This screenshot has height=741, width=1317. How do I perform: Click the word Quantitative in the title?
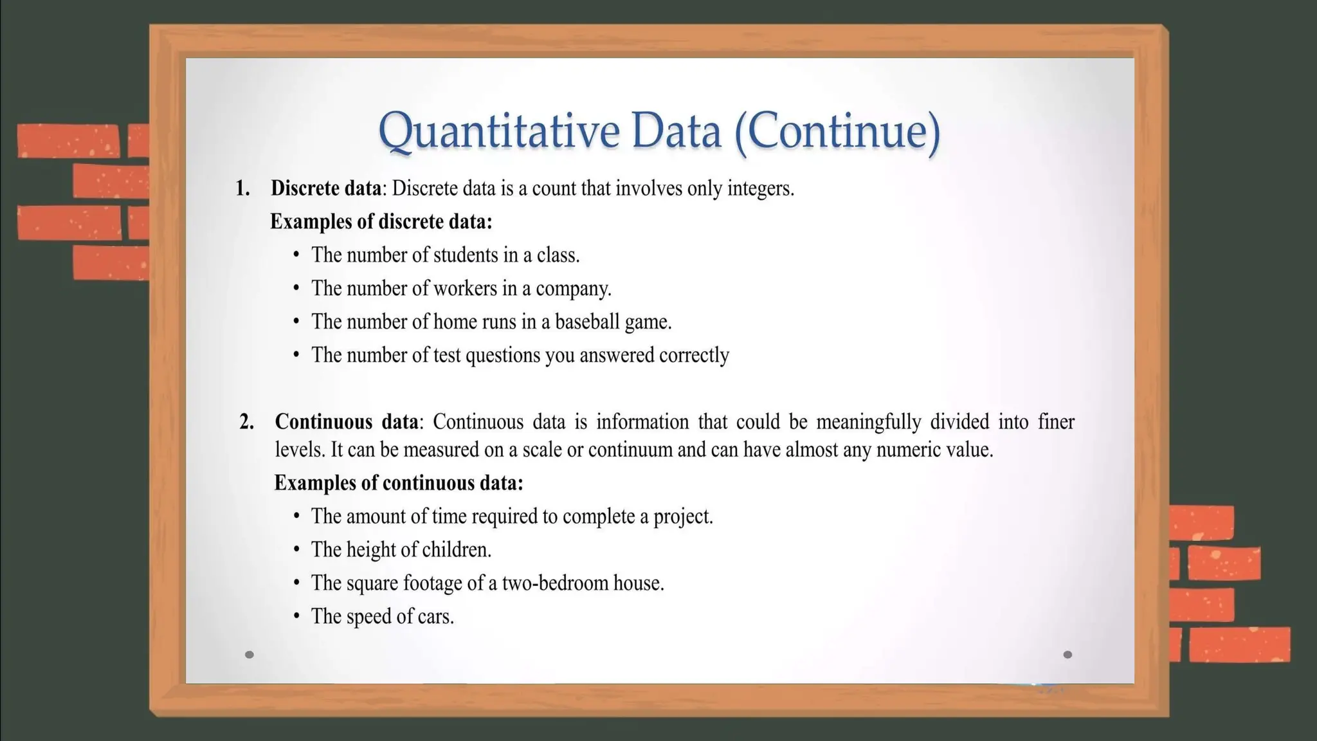500,131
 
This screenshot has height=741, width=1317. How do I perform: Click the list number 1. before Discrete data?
242,188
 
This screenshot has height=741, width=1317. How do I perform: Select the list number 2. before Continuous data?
246,422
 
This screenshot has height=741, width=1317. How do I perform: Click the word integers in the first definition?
759,188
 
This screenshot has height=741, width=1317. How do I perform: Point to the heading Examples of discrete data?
381,222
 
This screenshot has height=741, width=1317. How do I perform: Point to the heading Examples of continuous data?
399,483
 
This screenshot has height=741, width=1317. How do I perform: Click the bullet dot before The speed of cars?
296,616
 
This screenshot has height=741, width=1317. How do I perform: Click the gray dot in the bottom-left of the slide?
250,655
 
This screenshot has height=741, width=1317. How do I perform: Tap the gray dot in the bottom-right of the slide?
1067,655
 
